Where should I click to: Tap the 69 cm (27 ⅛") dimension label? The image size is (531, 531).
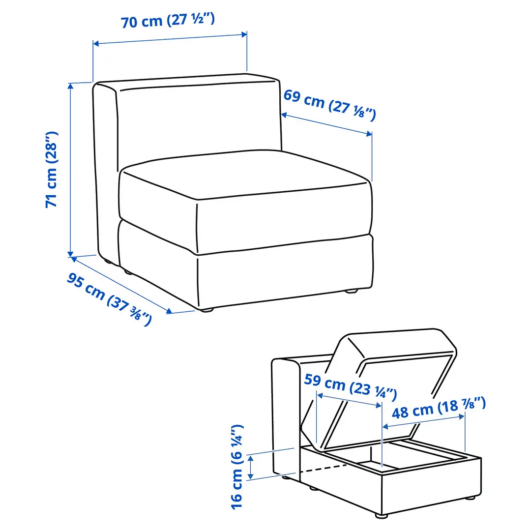329,104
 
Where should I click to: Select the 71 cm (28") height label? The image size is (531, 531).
52,169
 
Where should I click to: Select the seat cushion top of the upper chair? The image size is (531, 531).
246,175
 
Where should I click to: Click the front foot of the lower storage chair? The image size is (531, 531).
381,515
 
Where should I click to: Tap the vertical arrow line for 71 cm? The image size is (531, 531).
71,169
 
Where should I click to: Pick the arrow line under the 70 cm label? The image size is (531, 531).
170,39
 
